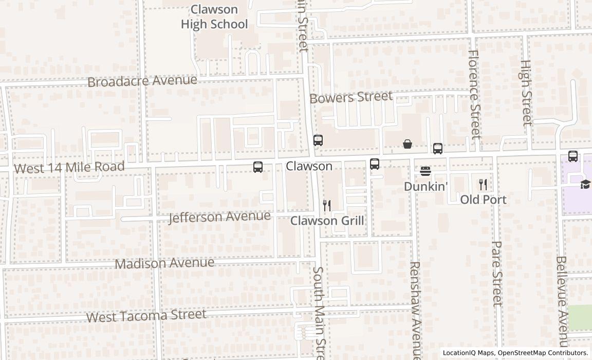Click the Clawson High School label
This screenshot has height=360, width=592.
[214, 17]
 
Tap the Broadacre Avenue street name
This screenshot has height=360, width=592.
[142, 81]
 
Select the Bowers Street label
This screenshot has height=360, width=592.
[351, 97]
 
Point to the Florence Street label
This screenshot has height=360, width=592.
[474, 94]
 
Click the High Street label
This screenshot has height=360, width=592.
[526, 93]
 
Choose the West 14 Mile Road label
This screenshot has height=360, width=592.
[69, 167]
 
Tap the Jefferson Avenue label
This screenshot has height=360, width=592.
[219, 217]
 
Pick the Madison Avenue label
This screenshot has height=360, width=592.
[164, 263]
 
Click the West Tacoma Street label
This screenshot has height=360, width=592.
[146, 315]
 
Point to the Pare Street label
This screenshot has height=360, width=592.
[496, 274]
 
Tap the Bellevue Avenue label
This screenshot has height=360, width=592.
[561, 301]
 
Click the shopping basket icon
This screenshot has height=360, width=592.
[408, 144]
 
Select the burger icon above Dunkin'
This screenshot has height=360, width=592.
[425, 171]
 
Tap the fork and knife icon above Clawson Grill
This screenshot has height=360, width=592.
[327, 206]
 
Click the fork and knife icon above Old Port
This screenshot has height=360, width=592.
[483, 184]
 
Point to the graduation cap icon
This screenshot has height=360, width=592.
[585, 184]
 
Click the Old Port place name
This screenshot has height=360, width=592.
[483, 200]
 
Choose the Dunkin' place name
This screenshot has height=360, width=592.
[425, 186]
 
